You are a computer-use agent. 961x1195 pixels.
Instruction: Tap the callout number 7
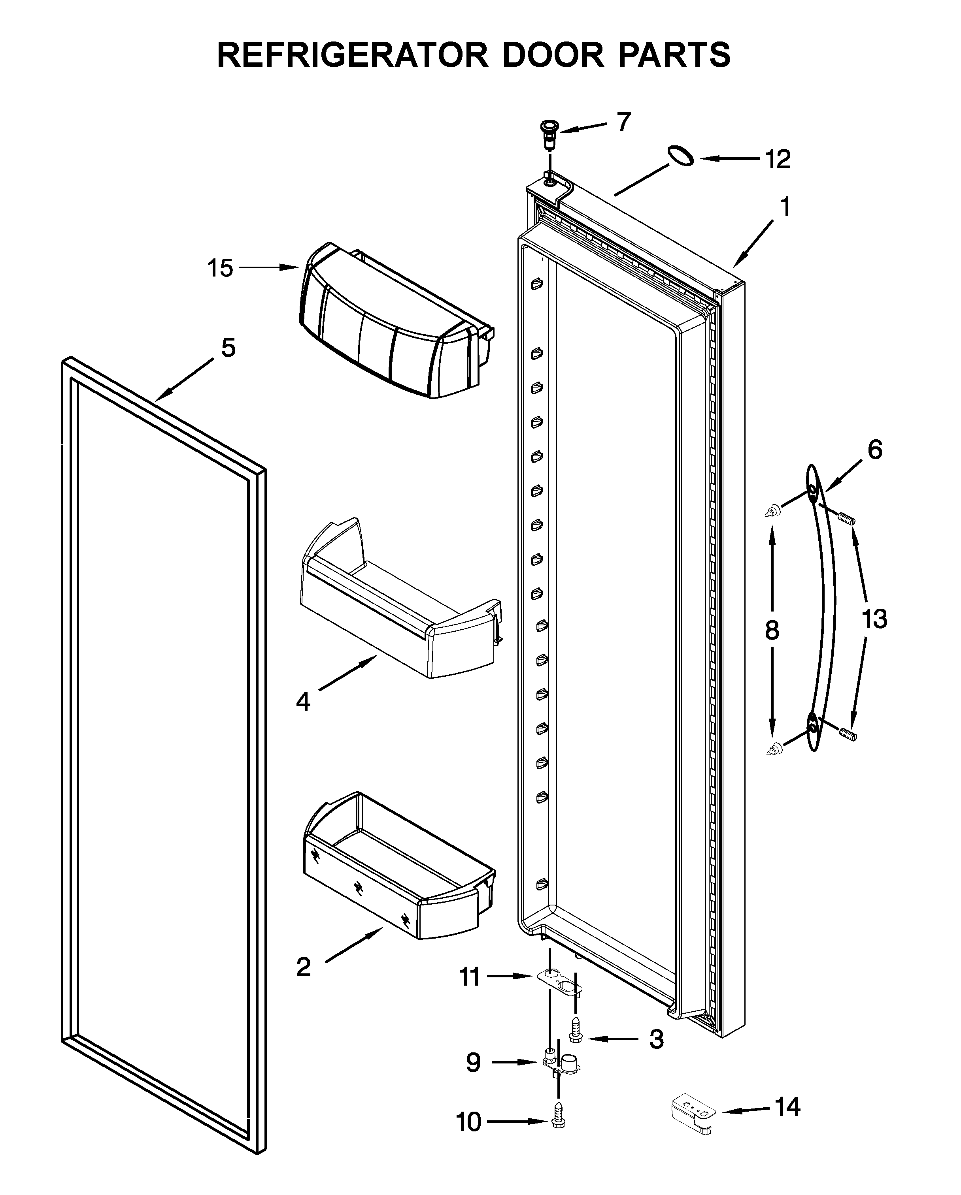click(x=624, y=122)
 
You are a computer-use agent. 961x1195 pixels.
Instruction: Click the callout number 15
click(x=220, y=268)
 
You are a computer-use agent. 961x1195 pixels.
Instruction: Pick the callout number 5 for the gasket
click(x=228, y=348)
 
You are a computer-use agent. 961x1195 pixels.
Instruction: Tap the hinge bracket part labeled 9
click(x=560, y=1063)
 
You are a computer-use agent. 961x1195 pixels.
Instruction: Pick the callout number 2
click(x=303, y=967)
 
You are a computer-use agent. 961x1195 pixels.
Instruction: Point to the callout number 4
click(x=303, y=702)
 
